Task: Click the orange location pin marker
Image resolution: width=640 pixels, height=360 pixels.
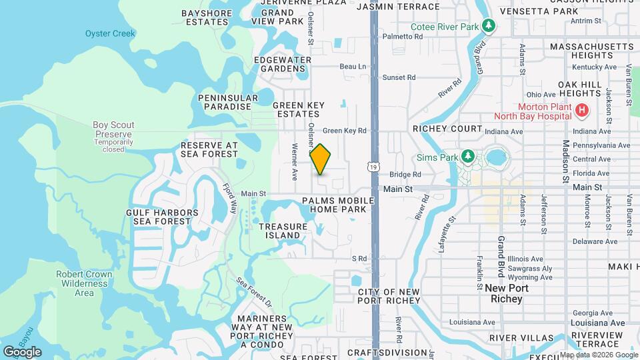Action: pos(321,159)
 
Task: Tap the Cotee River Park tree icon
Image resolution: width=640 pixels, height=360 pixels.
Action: pos(490,26)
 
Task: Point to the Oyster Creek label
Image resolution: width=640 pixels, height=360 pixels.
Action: pos(110,33)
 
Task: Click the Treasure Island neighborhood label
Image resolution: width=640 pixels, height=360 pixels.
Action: pos(283,231)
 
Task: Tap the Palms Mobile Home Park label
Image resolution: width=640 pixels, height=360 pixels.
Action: pos(334,205)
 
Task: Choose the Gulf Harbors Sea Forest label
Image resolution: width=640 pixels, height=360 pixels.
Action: pos(162,217)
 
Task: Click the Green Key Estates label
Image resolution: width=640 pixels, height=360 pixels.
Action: pos(299,109)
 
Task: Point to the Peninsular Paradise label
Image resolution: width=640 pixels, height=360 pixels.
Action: pos(228,102)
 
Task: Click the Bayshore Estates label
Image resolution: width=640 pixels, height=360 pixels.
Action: pos(207,17)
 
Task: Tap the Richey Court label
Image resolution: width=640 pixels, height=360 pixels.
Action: pos(447,129)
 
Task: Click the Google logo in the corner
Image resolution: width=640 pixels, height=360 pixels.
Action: pos(22,351)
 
